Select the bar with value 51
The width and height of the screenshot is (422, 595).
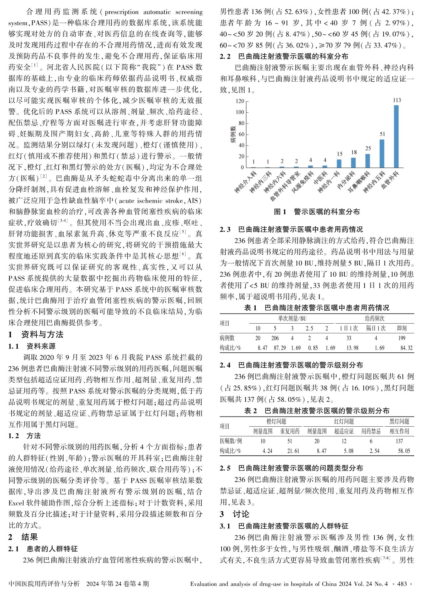(382, 154)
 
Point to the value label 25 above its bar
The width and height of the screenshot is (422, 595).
(368, 148)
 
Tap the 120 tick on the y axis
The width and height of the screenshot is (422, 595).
(240, 101)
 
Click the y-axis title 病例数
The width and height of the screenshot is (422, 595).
(233, 134)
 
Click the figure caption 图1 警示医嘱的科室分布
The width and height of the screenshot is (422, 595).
(317, 212)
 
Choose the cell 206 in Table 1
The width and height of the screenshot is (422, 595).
(275, 338)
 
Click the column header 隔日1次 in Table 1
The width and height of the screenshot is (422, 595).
(375, 328)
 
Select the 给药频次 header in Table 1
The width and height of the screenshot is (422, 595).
(374, 318)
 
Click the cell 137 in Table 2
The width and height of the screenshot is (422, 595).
(399, 441)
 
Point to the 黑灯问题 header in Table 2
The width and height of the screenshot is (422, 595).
(399, 421)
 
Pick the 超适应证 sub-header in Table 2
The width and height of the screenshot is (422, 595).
(344, 431)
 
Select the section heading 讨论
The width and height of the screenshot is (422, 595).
(241, 514)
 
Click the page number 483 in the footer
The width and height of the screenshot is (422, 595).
(402, 584)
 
